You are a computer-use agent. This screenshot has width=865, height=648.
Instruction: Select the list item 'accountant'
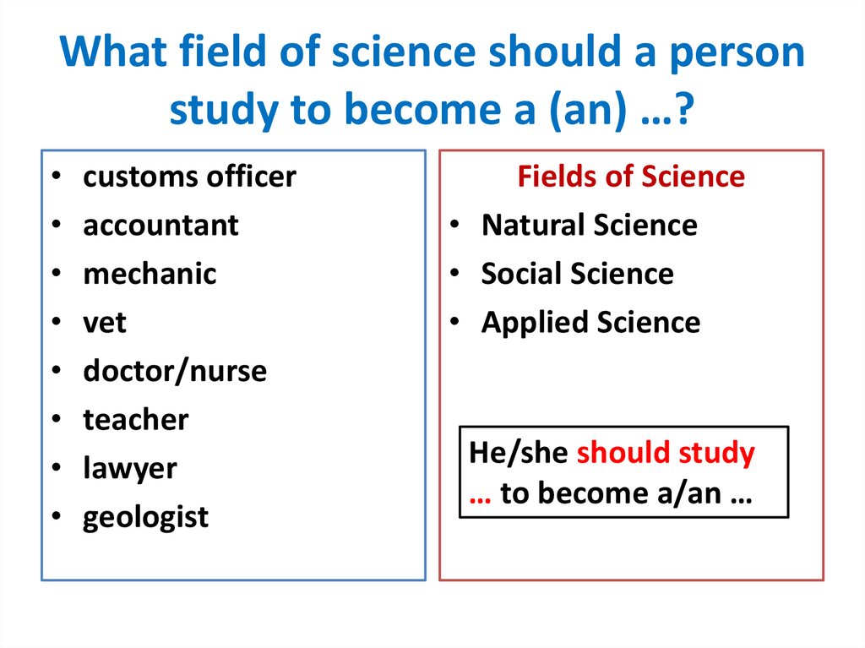160,226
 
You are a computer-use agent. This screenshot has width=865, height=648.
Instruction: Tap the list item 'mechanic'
150,274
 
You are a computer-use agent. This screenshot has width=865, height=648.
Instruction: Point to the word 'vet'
104,323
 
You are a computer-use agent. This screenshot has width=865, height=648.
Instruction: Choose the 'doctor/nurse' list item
174,371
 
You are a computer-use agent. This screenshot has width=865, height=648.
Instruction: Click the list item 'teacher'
135,420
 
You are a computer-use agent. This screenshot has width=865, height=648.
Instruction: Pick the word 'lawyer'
130,468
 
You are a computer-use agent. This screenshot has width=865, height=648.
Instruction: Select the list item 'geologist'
145,517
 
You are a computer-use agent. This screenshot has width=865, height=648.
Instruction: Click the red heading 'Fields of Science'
631,177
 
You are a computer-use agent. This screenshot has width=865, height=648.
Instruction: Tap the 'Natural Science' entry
589,226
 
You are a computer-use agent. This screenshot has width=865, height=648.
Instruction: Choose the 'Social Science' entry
577,274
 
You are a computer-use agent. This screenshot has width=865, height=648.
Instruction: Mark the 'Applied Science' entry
590,323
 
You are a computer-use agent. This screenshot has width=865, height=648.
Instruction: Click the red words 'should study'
666,454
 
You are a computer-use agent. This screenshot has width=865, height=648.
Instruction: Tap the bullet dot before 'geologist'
55,517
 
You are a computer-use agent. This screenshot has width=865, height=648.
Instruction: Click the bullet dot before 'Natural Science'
454,226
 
